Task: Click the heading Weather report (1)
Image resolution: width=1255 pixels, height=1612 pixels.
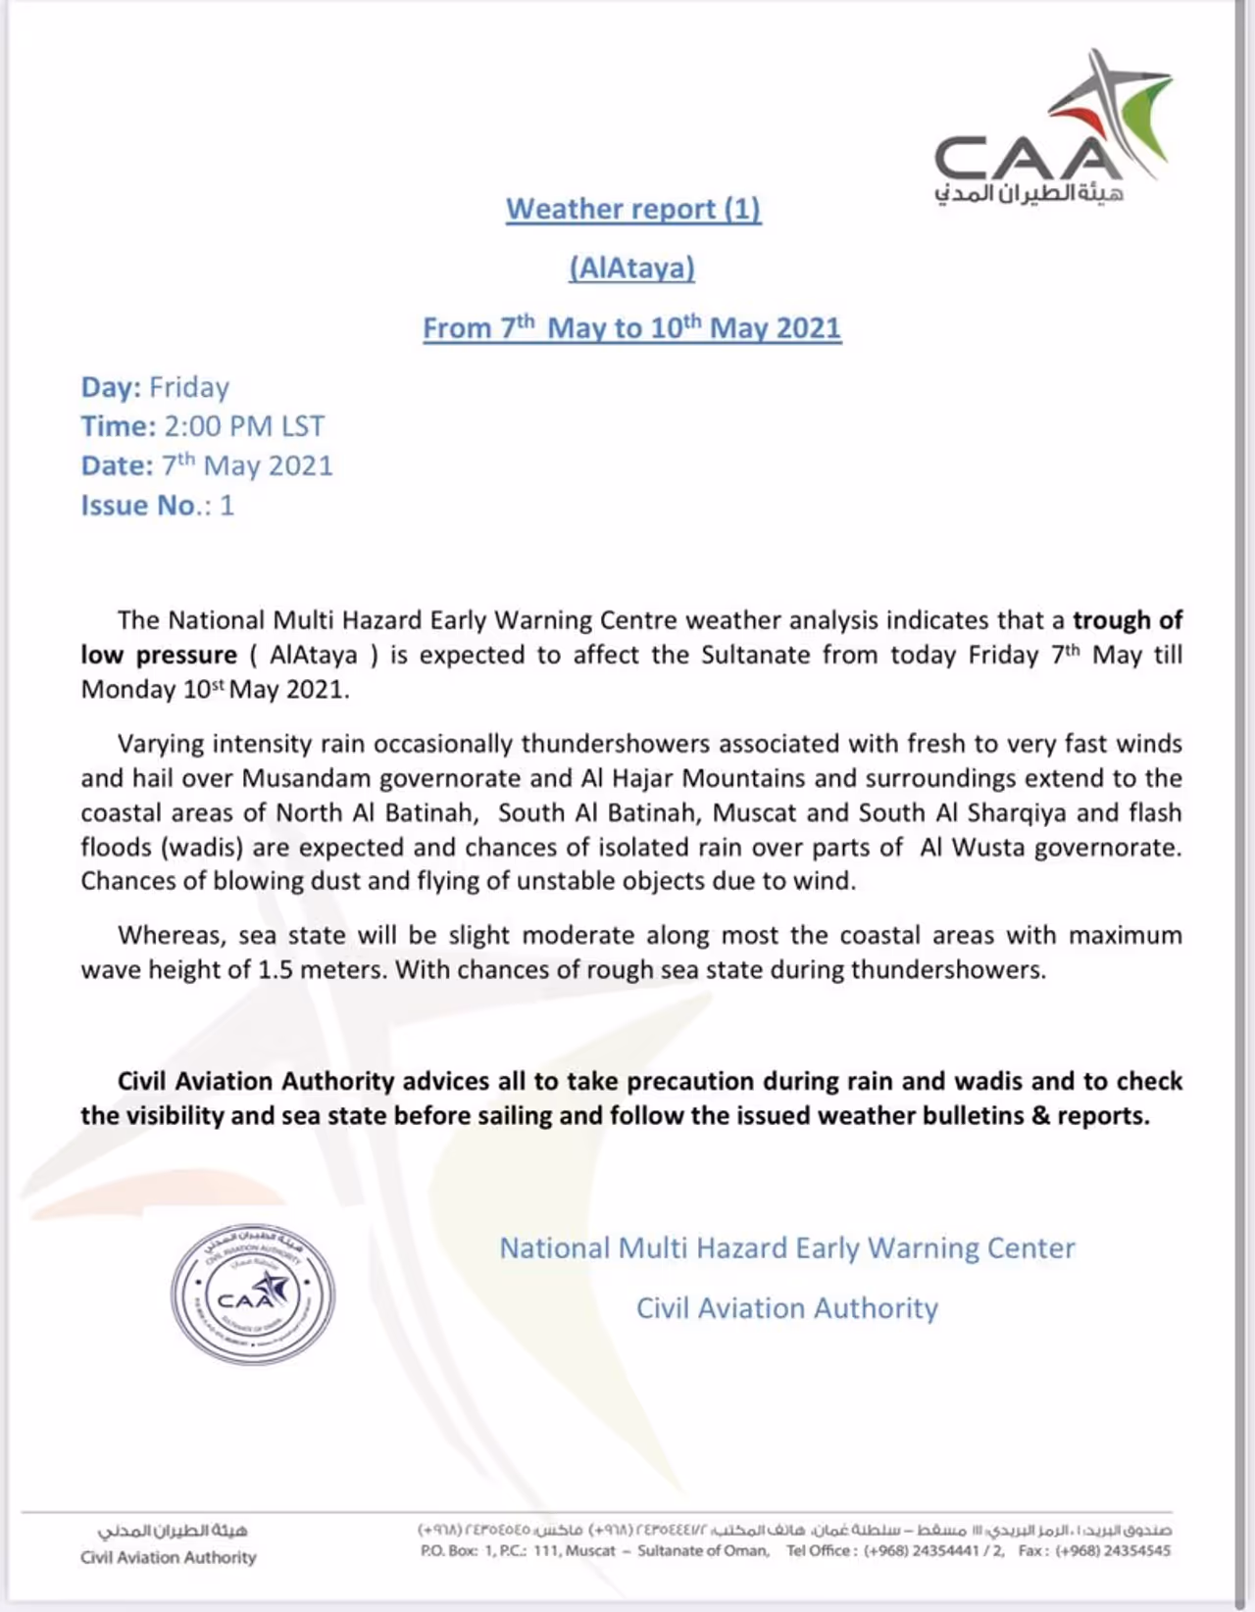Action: (633, 209)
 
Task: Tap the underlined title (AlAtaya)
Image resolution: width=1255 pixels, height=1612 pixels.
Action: (632, 268)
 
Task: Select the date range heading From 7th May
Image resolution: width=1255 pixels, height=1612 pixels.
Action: (632, 327)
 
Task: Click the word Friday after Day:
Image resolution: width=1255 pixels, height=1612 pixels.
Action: (189, 387)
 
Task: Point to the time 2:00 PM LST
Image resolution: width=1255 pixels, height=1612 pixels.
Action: (244, 426)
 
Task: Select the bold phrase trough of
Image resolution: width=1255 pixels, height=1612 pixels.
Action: (1128, 620)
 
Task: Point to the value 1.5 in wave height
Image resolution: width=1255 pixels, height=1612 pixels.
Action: (276, 970)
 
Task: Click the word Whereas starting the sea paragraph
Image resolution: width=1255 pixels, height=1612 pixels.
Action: (172, 935)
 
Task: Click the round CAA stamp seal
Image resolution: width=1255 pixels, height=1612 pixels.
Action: (253, 1294)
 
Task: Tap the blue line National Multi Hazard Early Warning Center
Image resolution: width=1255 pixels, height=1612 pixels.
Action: (787, 1248)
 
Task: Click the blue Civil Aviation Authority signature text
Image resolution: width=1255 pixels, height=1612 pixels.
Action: (787, 1308)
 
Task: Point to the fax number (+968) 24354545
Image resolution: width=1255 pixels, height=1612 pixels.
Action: (1113, 1550)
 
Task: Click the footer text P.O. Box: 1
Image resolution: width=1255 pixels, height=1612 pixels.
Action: (458, 1550)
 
